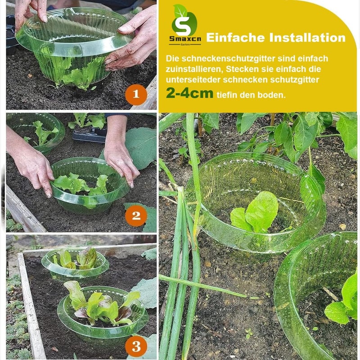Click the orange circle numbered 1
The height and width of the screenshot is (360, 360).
coord(136,94)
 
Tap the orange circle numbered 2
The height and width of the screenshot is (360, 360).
coord(136,216)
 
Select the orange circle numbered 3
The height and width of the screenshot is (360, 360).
coord(136,346)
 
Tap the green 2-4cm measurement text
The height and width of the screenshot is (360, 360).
coord(189,94)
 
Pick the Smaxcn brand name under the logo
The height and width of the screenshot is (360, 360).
coord(185,39)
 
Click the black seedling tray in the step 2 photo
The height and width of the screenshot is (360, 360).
coord(90,135)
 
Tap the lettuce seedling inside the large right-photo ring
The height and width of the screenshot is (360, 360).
coord(254,211)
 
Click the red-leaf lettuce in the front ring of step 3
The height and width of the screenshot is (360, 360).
coord(101,304)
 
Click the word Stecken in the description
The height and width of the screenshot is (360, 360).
coord(242,69)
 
